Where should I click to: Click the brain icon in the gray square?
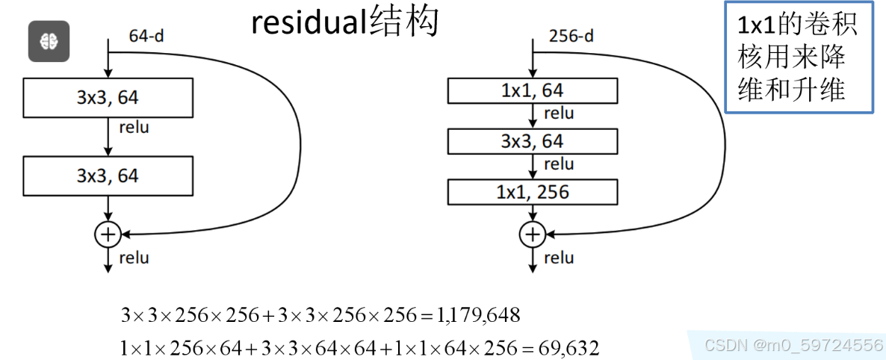[49, 42]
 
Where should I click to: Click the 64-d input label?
[146, 35]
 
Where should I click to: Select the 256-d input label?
[571, 36]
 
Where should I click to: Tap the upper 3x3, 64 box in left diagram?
[108, 96]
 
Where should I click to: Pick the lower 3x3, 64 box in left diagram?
[108, 176]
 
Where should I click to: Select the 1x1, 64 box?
[532, 91]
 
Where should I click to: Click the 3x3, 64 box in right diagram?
[532, 141]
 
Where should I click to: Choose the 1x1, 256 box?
[532, 192]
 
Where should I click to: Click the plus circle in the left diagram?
[108, 235]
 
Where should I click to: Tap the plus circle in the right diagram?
[532, 235]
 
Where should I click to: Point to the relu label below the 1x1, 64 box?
[559, 114]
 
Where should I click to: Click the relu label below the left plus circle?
[134, 258]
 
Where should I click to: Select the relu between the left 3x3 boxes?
[134, 127]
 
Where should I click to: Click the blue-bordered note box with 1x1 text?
[799, 58]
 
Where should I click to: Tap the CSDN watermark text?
[794, 345]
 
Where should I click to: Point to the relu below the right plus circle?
[559, 258]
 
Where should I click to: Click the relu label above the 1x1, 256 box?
[559, 164]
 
